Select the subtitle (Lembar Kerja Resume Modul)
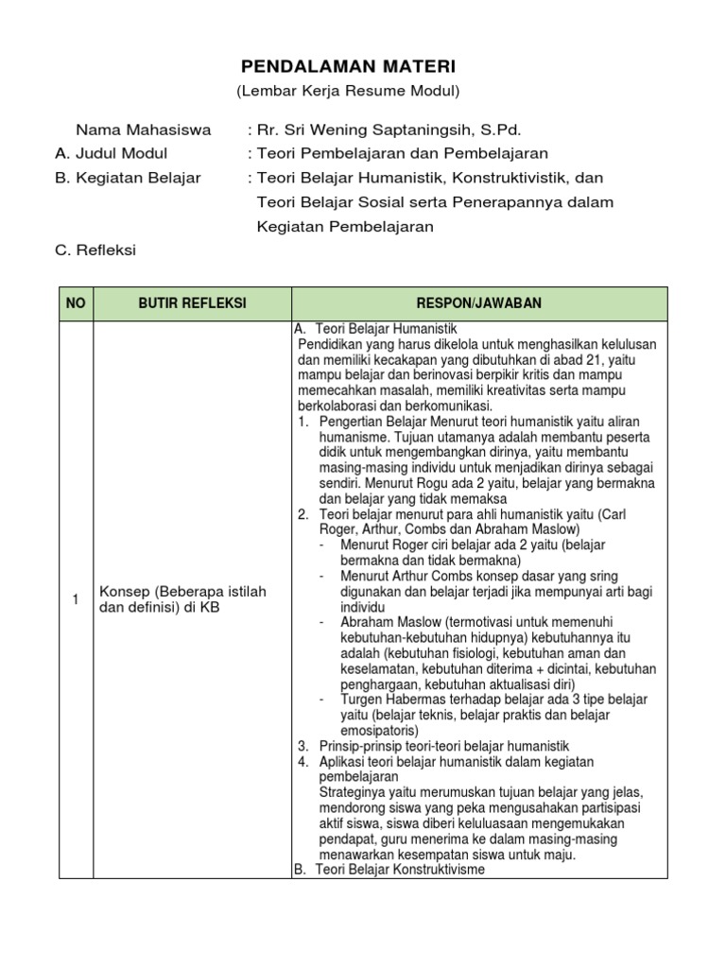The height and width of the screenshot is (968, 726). point(347,91)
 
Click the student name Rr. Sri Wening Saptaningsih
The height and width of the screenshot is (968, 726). point(383,130)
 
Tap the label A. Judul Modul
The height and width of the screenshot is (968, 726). point(112,153)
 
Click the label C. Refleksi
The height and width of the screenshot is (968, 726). point(95,250)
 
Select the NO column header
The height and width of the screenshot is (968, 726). point(76,302)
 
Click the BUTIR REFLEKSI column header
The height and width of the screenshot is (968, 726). point(192,302)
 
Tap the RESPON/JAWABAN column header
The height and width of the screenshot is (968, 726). point(479,302)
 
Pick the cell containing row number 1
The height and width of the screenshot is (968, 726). point(76,599)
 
